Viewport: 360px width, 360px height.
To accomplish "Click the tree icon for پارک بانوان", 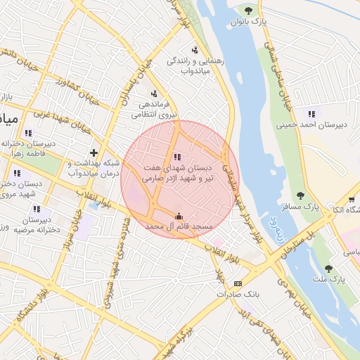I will click(247, 8).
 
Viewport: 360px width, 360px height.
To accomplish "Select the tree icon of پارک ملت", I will click(328, 268).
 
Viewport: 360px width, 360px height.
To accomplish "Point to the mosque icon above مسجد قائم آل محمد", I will click(179, 216).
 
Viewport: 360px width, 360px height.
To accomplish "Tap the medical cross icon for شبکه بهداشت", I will click(94, 153).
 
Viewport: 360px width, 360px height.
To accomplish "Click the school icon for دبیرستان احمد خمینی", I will click(311, 113).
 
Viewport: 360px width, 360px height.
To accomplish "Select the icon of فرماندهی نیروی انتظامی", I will click(154, 94).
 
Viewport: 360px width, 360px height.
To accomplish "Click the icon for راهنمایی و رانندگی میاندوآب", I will click(194, 49).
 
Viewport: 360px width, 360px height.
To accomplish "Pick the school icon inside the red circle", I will click(176, 157).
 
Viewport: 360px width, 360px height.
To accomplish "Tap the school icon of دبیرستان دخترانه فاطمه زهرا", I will click(28, 132).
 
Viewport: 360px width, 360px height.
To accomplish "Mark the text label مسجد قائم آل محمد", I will click(179, 228).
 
